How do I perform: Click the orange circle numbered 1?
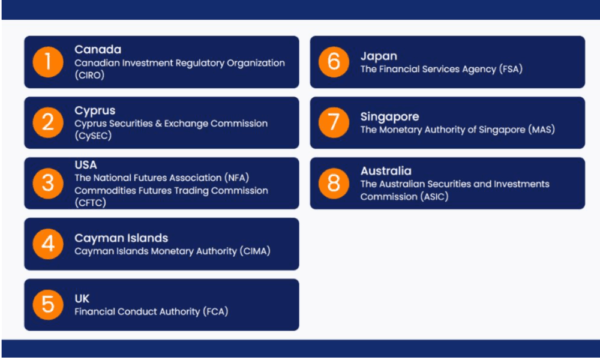(x=48, y=62)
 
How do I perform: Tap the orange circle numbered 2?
(x=48, y=122)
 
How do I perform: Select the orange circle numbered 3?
(x=48, y=183)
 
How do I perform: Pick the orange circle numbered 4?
(x=48, y=244)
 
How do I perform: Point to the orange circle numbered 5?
(x=48, y=305)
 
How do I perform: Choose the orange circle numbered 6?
(x=334, y=62)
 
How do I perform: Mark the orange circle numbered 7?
(x=334, y=122)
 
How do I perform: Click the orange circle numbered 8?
(x=334, y=183)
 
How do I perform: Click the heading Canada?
(x=98, y=49)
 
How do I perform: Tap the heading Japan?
(x=379, y=56)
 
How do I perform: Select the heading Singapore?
(x=389, y=116)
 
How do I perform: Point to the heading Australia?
(x=386, y=170)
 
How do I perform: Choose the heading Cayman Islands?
(x=121, y=238)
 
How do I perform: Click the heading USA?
(x=86, y=165)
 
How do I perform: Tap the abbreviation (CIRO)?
(x=89, y=75)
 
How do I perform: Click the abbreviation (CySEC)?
(x=93, y=136)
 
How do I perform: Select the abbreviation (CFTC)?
(x=91, y=202)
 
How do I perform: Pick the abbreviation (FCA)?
(x=215, y=311)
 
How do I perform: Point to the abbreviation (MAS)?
(x=541, y=130)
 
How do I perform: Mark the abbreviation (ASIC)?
(x=434, y=197)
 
